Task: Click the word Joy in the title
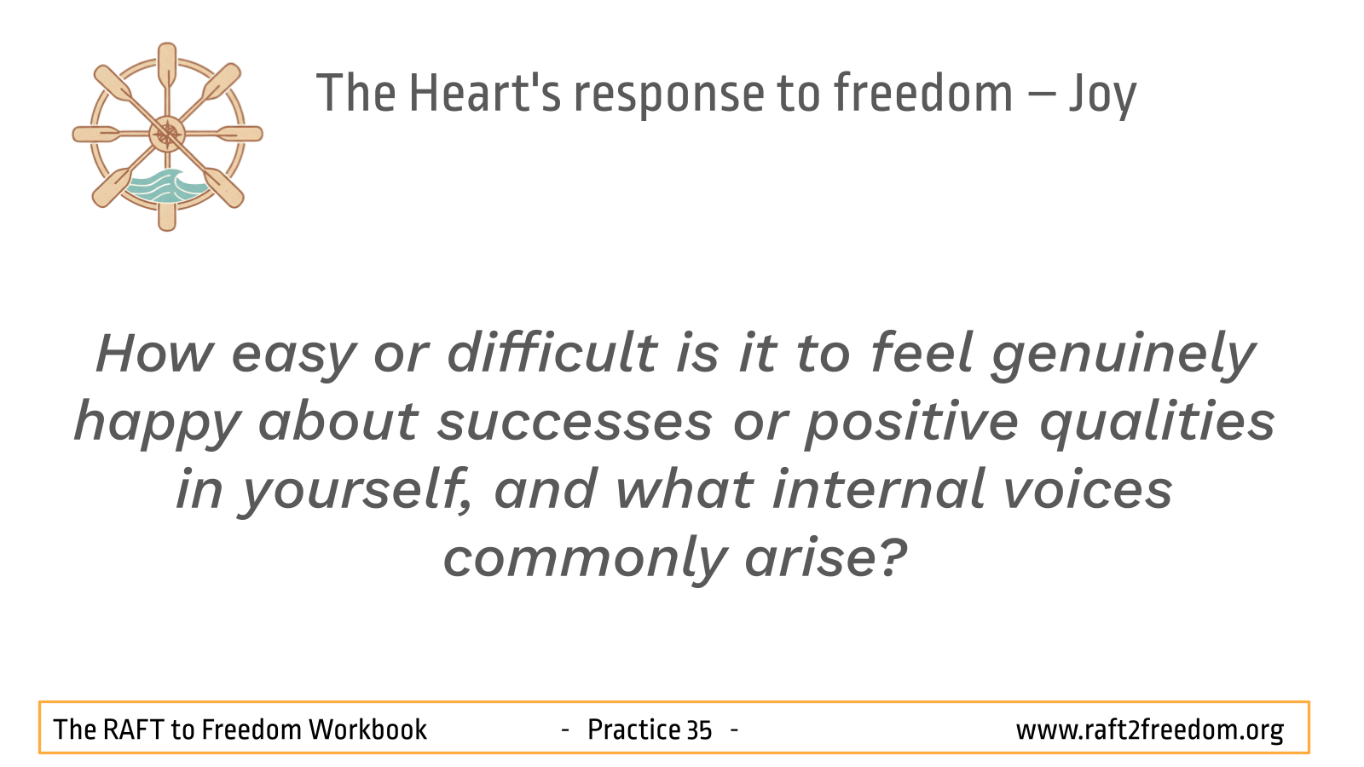tap(1103, 95)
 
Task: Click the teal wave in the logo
tap(165, 186)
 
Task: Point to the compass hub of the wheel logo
tap(167, 134)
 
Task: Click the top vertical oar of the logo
tap(167, 67)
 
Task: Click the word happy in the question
tap(158, 424)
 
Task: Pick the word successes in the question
tap(575, 423)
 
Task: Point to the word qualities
tap(1156, 421)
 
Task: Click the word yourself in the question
tap(355, 491)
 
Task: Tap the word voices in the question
tap(1088, 490)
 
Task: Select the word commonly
tap(585, 559)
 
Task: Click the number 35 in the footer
tap(700, 730)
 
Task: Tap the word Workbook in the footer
tap(367, 730)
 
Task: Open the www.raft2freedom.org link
tap(1150, 730)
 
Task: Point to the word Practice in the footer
tap(634, 730)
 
